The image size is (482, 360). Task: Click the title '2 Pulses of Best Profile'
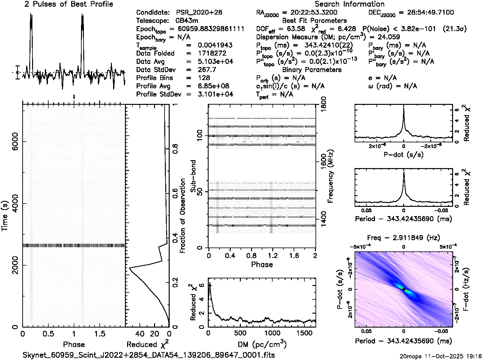coord(69,4)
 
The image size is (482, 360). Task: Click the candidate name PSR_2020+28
coord(199,13)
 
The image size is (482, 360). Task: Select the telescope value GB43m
coord(187,21)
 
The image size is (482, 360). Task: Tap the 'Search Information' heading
coord(349,4)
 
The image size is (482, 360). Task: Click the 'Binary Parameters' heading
coord(312,70)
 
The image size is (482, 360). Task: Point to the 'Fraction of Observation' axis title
coord(182,216)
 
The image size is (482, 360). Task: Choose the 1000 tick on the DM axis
coord(272,333)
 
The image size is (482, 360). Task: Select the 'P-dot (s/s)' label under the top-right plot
coord(404,155)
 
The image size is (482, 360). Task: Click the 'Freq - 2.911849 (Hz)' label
coord(404,238)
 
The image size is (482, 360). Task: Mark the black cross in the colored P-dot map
coord(404,289)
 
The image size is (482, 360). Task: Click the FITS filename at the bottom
coord(149,355)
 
